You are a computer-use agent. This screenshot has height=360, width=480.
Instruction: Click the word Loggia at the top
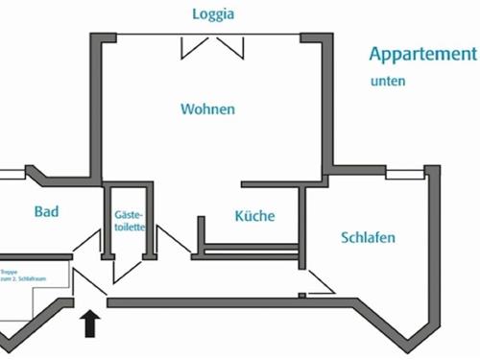(x=213, y=14)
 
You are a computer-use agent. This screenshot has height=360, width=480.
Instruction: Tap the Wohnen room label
(x=207, y=109)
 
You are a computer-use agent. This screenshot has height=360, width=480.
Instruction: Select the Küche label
(x=254, y=216)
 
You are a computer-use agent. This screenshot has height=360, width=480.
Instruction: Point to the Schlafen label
(x=368, y=237)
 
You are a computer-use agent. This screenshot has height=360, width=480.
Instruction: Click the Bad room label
(x=47, y=212)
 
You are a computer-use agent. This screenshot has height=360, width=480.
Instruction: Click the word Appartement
(x=422, y=55)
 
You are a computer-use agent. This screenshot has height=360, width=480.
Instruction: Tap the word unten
(x=388, y=82)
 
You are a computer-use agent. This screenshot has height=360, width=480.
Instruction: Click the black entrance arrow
(x=91, y=323)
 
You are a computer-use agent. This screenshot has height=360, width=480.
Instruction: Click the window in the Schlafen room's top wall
(x=404, y=175)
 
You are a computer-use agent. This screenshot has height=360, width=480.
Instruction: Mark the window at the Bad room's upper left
(x=12, y=175)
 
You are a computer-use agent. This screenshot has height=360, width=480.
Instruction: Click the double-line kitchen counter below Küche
(x=250, y=252)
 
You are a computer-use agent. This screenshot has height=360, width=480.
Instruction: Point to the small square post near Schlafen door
(x=301, y=295)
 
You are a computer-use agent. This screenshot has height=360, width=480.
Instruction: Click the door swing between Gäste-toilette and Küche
(x=174, y=242)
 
